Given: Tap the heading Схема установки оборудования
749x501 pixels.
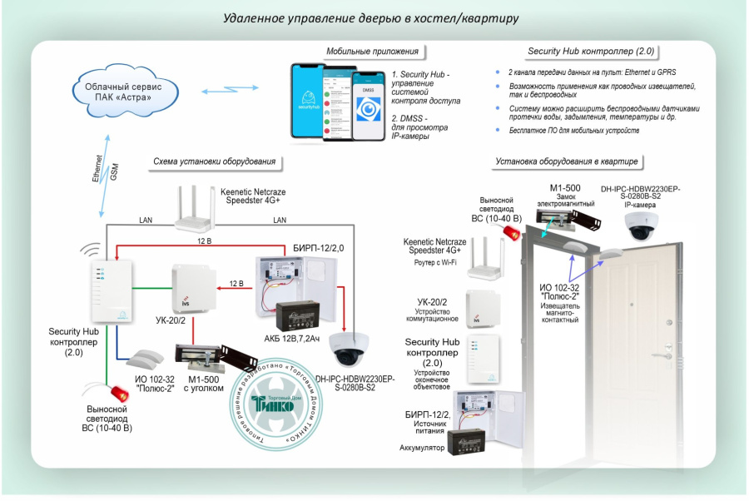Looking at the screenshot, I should pyautogui.click(x=214, y=161).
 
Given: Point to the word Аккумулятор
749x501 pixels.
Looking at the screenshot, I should pyautogui.click(x=424, y=448).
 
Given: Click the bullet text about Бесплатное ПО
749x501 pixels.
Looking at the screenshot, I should pyautogui.click(x=574, y=131).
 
